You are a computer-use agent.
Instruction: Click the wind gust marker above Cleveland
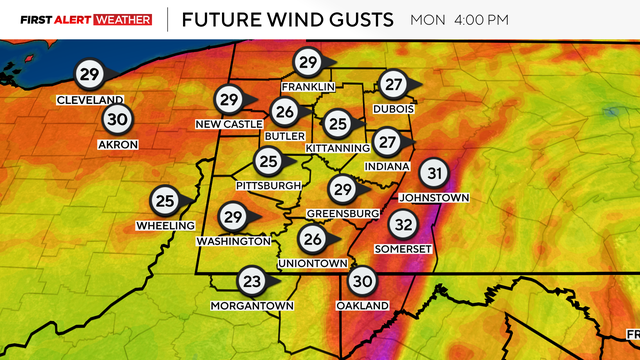point(90,74)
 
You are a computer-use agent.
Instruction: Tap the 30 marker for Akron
point(117,119)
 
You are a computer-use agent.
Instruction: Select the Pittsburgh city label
point(268,186)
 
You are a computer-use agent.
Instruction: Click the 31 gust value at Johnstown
point(432,173)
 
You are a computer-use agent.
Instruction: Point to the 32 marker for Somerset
point(403,223)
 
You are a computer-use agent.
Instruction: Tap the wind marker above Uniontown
point(313,239)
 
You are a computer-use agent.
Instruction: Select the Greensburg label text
point(343,214)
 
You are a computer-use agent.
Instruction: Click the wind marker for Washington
point(234,217)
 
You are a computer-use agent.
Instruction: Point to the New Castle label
point(228,123)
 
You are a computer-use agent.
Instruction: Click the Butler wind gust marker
point(285,111)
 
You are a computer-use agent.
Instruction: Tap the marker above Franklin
point(307,62)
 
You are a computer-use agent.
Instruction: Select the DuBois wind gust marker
point(394,84)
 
